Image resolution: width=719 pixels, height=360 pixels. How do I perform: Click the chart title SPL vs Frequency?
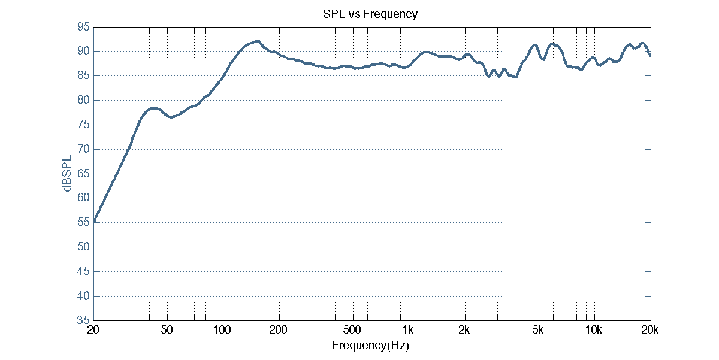370,14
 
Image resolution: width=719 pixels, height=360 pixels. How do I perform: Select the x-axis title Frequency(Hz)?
370,345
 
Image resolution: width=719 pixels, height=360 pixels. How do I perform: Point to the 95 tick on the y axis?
83,27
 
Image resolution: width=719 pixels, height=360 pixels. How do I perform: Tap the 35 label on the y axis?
83,320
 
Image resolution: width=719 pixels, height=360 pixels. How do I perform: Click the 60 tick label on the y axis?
83,198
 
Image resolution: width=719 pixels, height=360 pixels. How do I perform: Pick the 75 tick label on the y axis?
83,125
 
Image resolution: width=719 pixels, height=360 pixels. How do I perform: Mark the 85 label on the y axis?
83,76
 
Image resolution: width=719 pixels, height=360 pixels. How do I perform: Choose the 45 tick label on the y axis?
83,271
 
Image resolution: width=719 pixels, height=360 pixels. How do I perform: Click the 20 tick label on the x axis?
93,331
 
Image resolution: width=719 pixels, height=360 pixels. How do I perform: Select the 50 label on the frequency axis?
167,331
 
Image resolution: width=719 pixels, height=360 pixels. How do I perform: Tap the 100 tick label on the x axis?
223,331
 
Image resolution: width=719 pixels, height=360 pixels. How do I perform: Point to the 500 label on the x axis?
353,331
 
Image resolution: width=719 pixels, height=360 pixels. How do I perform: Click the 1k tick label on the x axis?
409,331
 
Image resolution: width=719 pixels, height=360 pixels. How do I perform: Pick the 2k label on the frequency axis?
464,331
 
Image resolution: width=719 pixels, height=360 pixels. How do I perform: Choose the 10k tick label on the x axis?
594,331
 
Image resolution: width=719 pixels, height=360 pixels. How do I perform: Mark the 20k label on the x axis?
650,331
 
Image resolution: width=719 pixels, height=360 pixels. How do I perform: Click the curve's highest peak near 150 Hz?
257,41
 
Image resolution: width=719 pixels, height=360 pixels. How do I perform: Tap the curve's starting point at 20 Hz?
93,222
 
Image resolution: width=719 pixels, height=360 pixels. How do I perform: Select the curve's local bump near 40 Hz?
154,108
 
